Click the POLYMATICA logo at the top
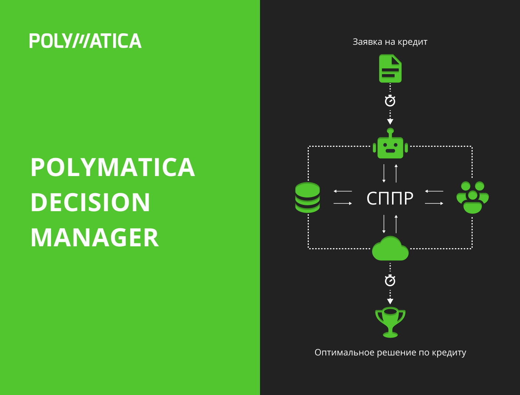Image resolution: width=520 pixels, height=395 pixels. point(85,41)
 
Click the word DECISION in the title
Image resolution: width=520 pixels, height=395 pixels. point(90,202)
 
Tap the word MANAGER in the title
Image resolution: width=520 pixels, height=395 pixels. point(95,237)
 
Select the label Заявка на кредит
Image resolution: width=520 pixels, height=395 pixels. point(390,42)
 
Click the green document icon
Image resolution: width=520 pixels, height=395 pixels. point(390,68)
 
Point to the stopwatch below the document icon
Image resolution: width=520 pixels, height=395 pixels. point(390,101)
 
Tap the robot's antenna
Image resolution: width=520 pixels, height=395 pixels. point(390,132)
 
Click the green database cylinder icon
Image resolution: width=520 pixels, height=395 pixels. point(307,197)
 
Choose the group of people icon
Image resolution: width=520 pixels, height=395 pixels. point(473,197)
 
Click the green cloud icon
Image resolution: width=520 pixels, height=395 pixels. point(390,248)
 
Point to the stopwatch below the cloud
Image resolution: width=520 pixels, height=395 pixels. point(390,280)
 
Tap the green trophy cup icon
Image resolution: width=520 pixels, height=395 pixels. point(390,322)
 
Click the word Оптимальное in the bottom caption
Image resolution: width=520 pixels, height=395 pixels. point(344,352)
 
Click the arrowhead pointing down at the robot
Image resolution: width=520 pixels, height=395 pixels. point(390,122)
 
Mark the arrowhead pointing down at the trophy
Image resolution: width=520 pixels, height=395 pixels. point(390,301)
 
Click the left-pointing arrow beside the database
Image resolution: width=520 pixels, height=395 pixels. point(342,191)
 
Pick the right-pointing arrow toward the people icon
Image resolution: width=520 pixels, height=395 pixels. point(434,203)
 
